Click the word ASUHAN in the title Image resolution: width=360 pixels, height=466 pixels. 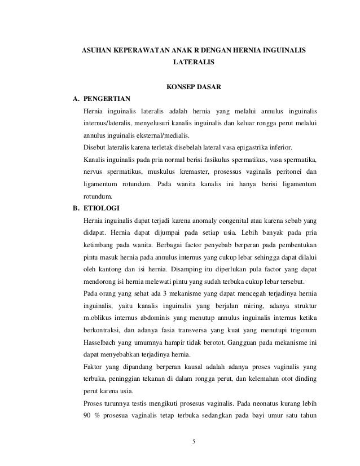98,51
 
